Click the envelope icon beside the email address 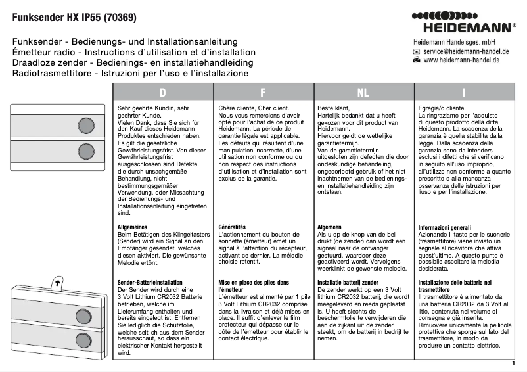coord(416,51)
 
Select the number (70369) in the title coord(122,19)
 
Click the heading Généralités coord(232,227)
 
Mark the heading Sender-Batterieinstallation coord(149,282)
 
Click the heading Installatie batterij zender coord(348,282)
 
